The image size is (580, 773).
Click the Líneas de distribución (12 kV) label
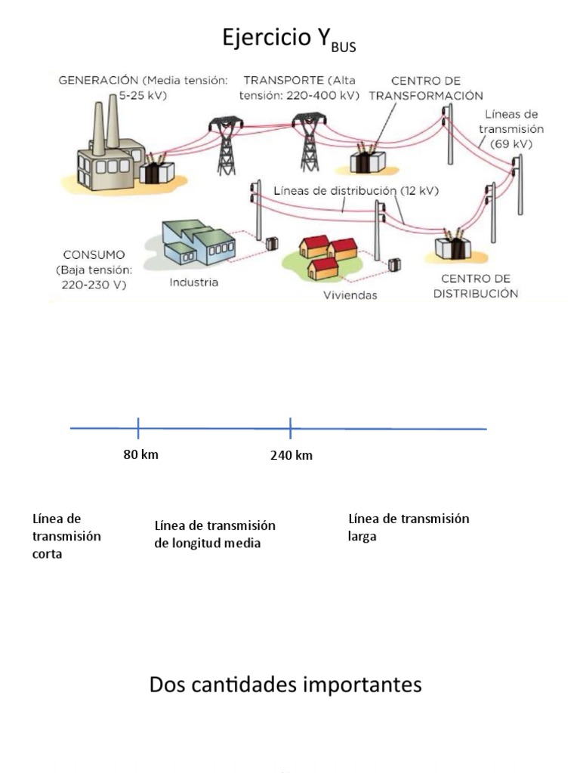[x=356, y=191]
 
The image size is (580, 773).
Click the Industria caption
[x=194, y=282]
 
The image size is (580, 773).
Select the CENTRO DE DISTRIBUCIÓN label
[x=476, y=285]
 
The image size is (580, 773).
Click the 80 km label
[x=141, y=454]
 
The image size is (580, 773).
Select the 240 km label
[x=291, y=455]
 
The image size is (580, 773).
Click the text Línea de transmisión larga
[x=408, y=527]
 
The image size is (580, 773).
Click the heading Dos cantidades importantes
[x=285, y=685]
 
